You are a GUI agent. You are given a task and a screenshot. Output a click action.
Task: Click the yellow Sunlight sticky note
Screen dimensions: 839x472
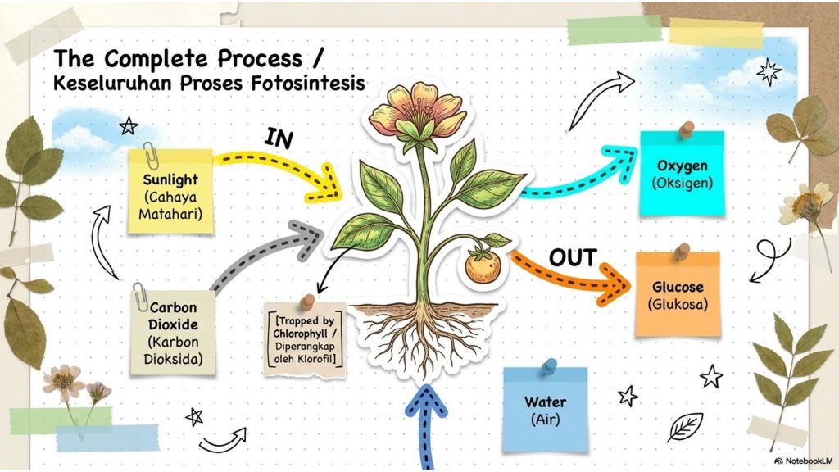point(170,191)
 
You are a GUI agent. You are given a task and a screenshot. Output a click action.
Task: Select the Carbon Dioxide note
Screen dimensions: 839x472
point(174,332)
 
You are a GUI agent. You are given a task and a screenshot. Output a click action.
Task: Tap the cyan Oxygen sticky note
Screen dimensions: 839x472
point(683,174)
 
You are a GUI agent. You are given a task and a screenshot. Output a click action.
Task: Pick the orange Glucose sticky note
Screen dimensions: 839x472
point(678,294)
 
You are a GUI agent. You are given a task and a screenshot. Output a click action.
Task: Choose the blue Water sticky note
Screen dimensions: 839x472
point(545,410)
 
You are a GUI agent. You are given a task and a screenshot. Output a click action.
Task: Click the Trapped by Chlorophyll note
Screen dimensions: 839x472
point(305,339)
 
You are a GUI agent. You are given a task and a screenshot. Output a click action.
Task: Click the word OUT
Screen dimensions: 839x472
point(573,258)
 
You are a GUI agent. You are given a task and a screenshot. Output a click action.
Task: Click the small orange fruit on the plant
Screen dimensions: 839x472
point(482,265)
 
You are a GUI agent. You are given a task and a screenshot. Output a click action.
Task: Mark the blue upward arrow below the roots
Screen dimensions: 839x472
point(425,428)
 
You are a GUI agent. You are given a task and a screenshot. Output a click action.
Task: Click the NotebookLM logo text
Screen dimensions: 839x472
point(805,461)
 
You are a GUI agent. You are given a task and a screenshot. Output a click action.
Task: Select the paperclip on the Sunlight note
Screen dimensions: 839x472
point(151,155)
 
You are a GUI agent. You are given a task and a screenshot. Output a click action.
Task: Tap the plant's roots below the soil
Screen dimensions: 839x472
point(423,340)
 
